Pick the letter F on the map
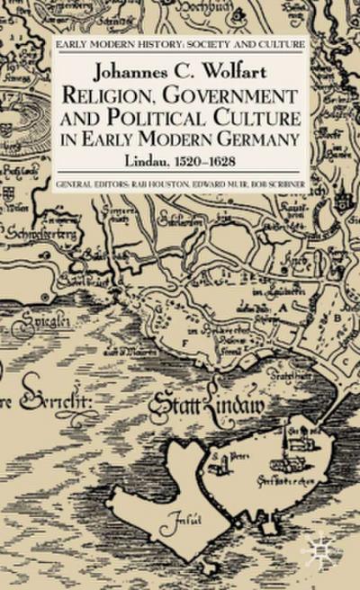point(183,343)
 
